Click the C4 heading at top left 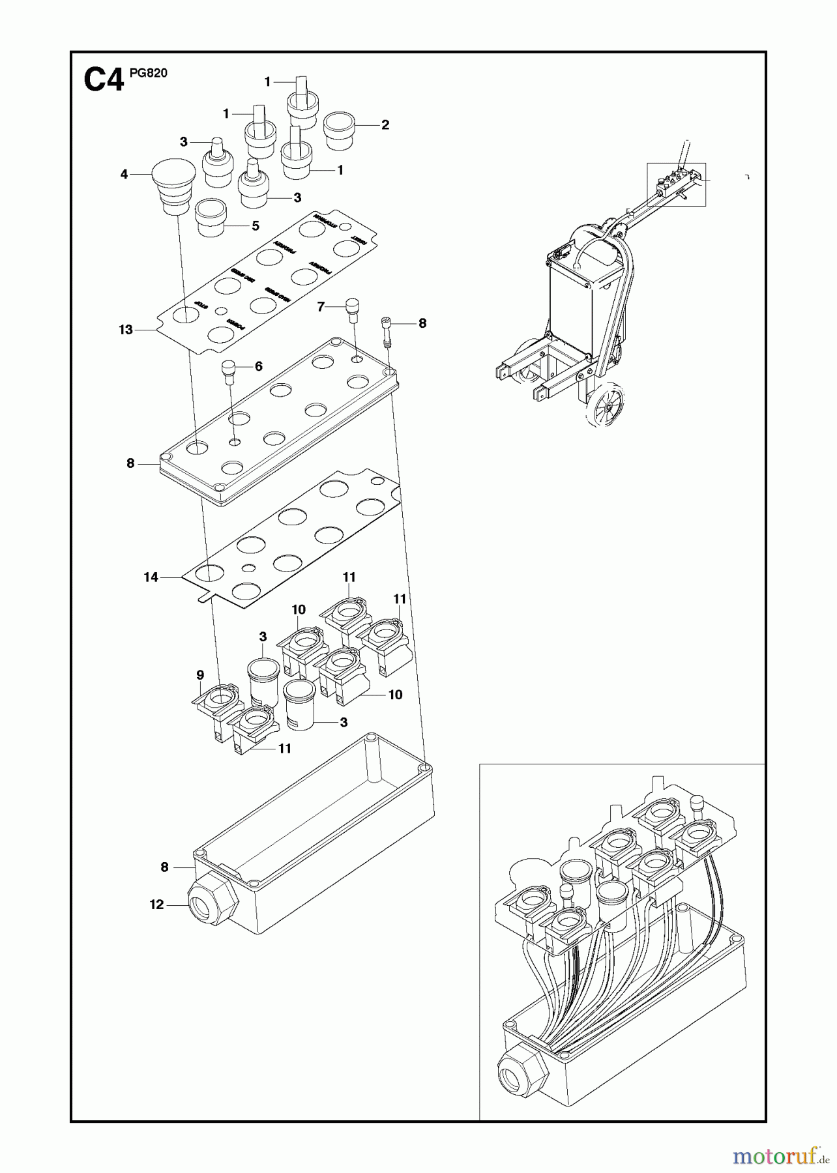[103, 81]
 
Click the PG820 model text [148, 73]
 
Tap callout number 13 [126, 330]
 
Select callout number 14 [151, 577]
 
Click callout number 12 [156, 905]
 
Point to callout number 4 [124, 174]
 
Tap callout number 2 [385, 124]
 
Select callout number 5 [256, 225]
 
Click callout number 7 [321, 306]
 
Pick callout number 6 [259, 366]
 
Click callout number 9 [200, 674]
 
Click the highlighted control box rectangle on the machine [676, 184]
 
